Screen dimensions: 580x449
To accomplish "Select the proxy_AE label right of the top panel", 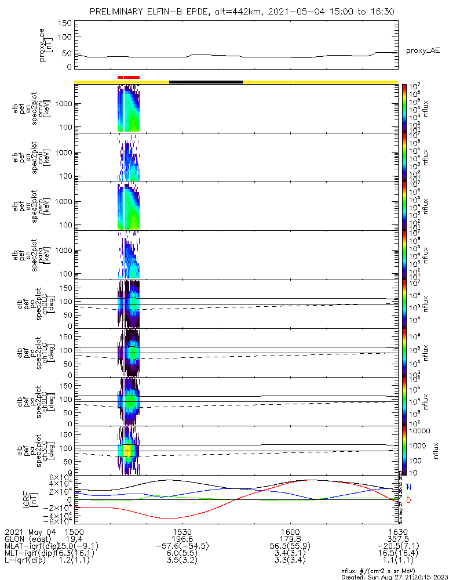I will point(422,50).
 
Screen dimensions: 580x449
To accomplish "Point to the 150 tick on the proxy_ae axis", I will point(64,23).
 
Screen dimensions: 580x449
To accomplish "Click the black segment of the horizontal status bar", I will point(206,82).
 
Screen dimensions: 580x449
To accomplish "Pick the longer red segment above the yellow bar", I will point(132,77).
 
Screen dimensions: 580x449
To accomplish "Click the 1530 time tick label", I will point(182,531).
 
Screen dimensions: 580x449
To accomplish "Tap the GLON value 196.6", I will point(182,539).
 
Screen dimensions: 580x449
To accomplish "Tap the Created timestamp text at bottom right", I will point(394,577).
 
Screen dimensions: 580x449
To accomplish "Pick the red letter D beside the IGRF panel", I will point(408,500).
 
